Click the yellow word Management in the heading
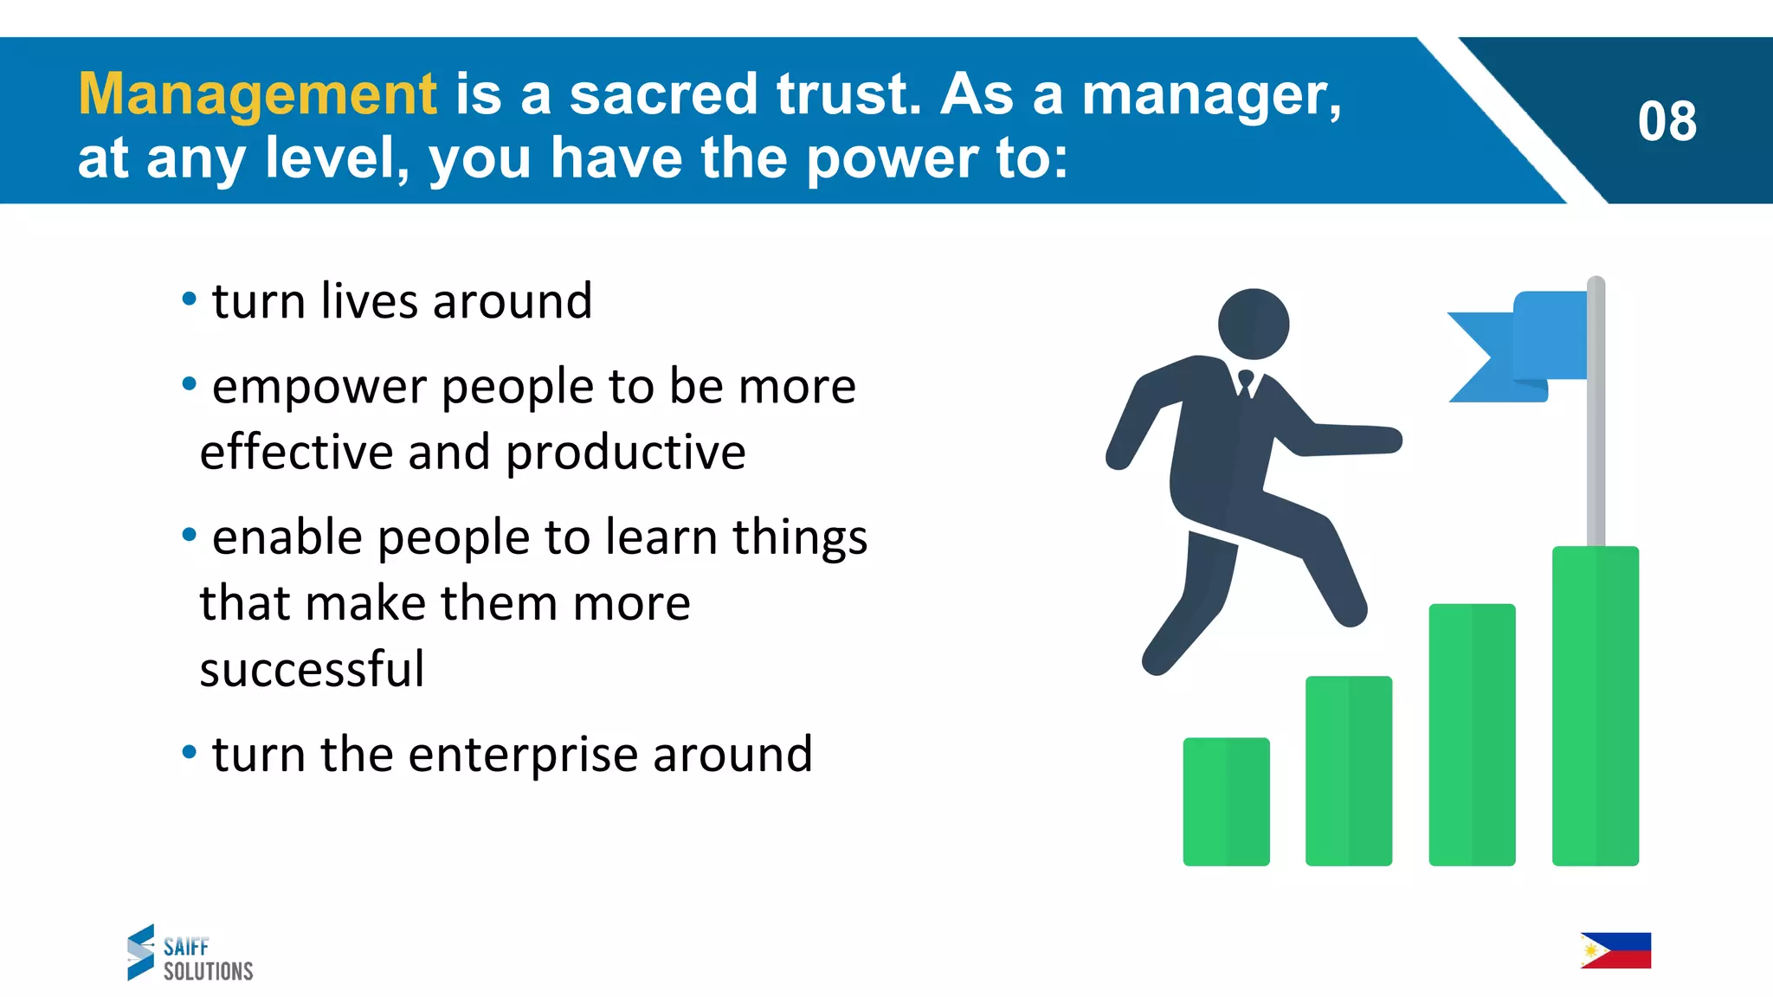tap(257, 94)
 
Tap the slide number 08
tap(1667, 121)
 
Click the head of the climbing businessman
tap(1253, 324)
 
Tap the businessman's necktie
tap(1246, 383)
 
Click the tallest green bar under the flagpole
tap(1595, 705)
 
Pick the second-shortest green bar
tap(1349, 770)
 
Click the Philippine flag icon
tap(1615, 950)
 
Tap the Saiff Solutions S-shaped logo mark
tap(141, 952)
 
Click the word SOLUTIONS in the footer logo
tap(209, 971)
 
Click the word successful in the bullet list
tap(312, 669)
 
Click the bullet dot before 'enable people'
tap(190, 536)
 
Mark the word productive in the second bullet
tap(625, 453)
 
